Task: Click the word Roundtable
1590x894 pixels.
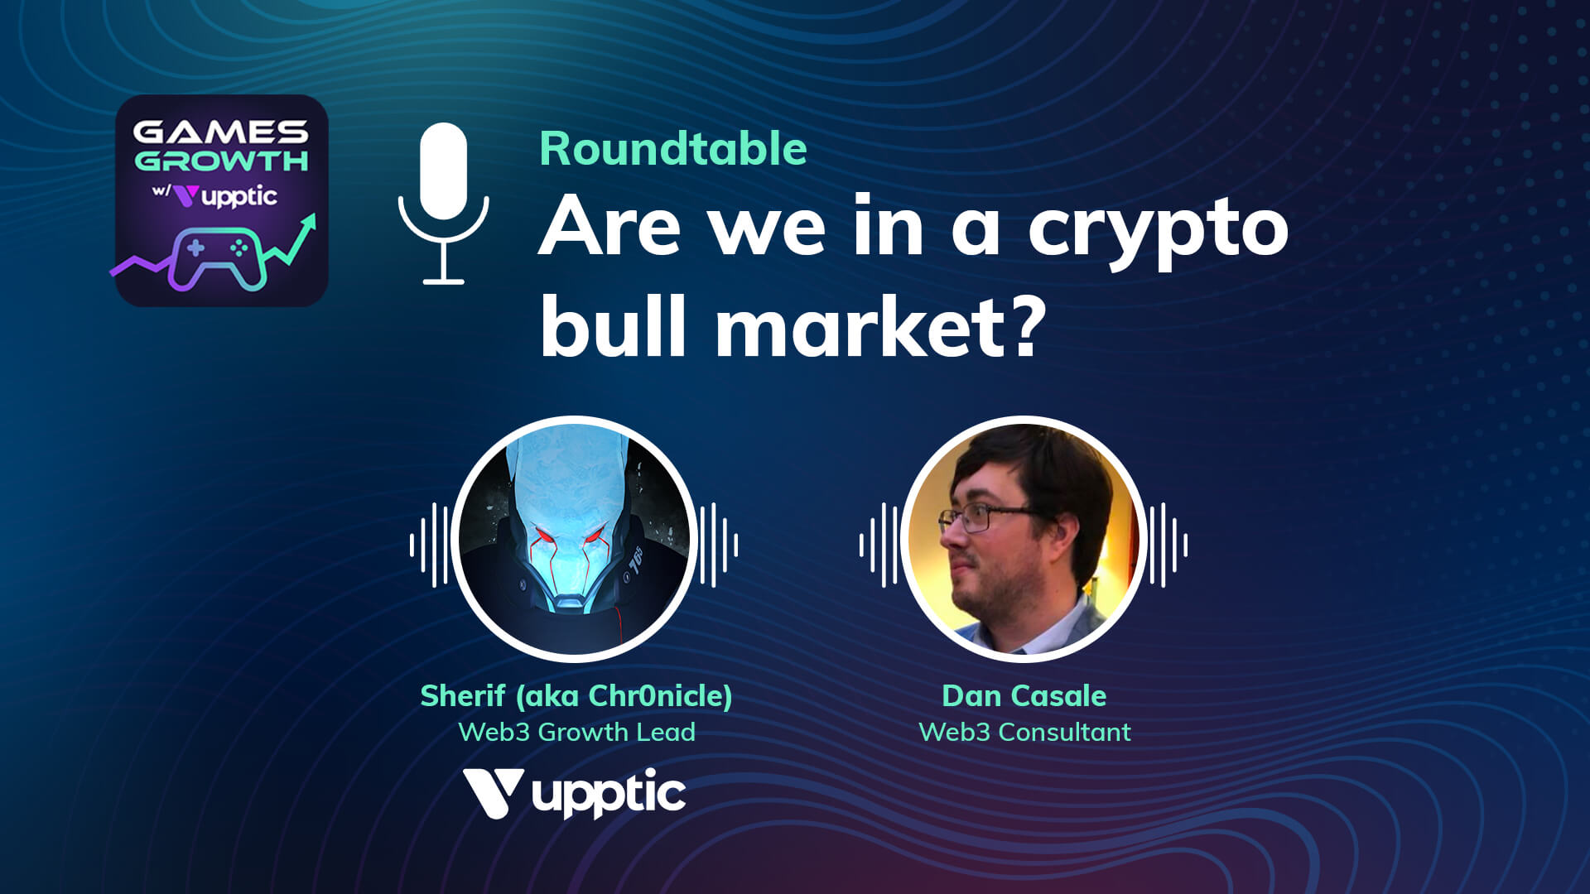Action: coord(673,149)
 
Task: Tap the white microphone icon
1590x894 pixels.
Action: coord(444,204)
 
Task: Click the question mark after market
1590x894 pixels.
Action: coord(1018,327)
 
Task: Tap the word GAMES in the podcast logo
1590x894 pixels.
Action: coord(220,132)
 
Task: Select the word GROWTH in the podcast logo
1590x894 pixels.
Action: coord(221,160)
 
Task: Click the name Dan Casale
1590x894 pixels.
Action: coord(1024,696)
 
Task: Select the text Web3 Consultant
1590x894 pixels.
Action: coord(1024,732)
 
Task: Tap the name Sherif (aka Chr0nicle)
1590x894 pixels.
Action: coord(576,696)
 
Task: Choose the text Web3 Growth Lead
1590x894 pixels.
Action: coord(576,732)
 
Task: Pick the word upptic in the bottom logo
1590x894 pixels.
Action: coord(609,794)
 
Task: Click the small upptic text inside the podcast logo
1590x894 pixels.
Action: coord(239,197)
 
